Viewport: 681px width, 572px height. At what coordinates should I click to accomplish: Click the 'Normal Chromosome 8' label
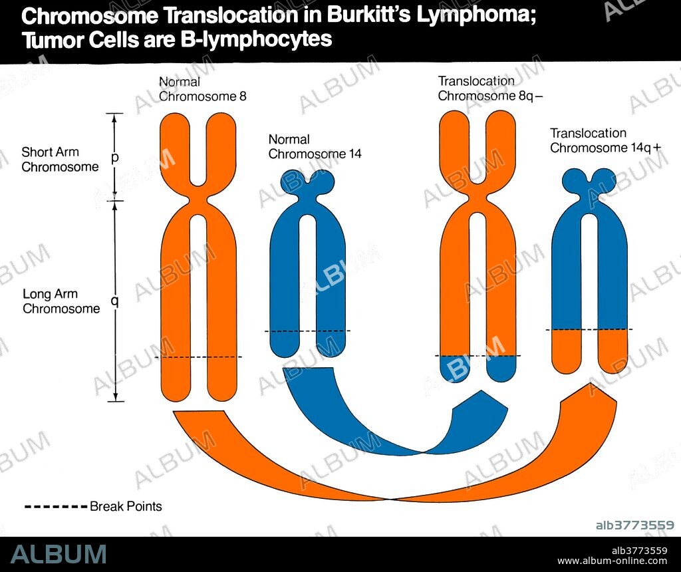202,88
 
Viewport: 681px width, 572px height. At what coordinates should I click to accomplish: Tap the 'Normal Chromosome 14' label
315,146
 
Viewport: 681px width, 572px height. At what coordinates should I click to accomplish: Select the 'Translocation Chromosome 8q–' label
490,88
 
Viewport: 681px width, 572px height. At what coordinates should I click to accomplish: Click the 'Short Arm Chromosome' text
60,160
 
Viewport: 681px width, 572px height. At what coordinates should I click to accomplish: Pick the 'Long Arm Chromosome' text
61,301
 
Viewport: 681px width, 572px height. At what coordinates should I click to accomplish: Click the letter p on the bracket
115,158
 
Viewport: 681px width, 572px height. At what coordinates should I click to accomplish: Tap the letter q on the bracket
115,301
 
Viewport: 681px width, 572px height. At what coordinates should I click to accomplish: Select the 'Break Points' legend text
126,506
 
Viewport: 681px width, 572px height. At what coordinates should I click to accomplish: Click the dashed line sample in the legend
56,507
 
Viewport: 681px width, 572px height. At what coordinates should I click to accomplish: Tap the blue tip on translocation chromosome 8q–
477,367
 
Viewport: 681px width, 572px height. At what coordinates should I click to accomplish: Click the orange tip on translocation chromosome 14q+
589,351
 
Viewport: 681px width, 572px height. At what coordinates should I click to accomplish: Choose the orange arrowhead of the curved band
589,398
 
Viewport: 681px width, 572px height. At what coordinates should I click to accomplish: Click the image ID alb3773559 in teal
635,525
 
